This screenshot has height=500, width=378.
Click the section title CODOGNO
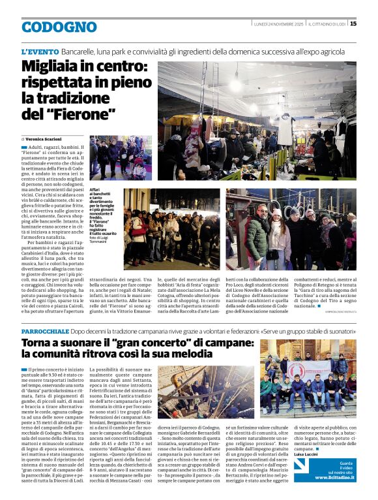(x=59, y=27)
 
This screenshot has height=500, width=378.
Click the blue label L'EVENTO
(x=39, y=51)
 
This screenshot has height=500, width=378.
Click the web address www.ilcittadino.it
(x=334, y=478)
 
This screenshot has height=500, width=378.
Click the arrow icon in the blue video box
(x=300, y=465)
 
